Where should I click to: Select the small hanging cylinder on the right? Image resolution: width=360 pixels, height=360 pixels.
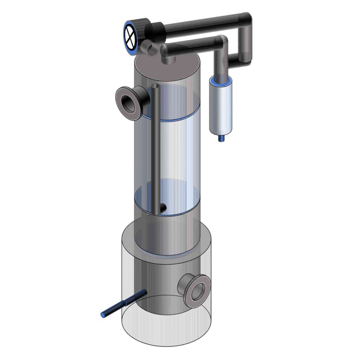[x=221, y=104]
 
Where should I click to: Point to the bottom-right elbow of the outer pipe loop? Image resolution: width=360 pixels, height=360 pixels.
[x=247, y=57]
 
